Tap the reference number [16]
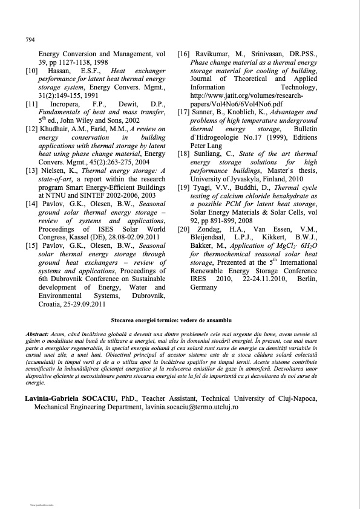coord(185,54)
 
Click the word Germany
coord(204,288)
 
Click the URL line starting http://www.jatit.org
coord(246,96)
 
